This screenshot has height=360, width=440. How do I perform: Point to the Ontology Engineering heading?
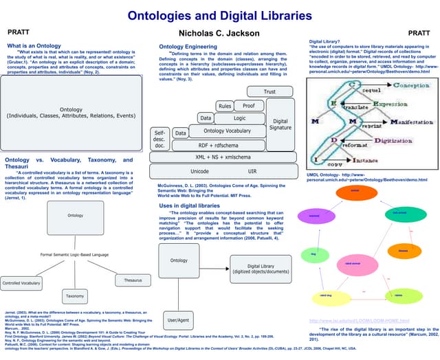[x=190, y=46]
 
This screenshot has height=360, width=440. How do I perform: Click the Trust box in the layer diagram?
[x=269, y=91]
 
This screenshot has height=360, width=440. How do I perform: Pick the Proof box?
[x=247, y=106]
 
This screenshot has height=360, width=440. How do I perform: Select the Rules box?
[x=224, y=106]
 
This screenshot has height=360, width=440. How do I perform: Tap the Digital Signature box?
[x=280, y=124]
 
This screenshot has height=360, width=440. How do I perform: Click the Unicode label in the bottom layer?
[x=199, y=170]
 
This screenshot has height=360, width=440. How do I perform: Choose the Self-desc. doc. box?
[x=159, y=139]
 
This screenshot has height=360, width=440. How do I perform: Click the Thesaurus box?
[x=133, y=280]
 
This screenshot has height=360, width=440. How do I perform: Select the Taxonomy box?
[x=74, y=296]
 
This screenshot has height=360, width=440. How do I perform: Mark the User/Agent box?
[x=179, y=321]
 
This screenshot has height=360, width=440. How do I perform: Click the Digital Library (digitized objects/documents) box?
[x=258, y=268]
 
